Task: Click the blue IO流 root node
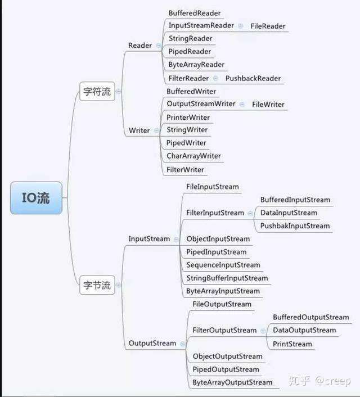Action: coord(36,198)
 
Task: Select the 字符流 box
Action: coord(97,92)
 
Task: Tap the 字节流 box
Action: coord(97,285)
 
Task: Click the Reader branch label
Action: coord(140,46)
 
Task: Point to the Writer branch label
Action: coord(139,130)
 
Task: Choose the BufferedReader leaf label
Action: coord(195,13)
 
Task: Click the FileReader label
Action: coord(268,26)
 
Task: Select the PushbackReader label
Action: coord(253,78)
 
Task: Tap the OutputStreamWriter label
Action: coord(201,104)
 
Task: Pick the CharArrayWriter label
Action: coord(193,156)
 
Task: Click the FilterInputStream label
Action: coord(215,213)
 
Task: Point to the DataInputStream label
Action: coord(289,213)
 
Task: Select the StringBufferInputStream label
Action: coord(227,278)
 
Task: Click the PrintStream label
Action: coord(292,344)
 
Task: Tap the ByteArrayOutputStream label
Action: coord(232,382)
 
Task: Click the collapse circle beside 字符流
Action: coord(119,92)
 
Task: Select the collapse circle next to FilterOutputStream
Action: coord(263,331)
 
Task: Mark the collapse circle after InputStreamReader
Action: coord(240,26)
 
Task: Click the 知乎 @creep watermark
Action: coord(319,381)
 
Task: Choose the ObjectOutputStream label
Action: coord(227,357)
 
